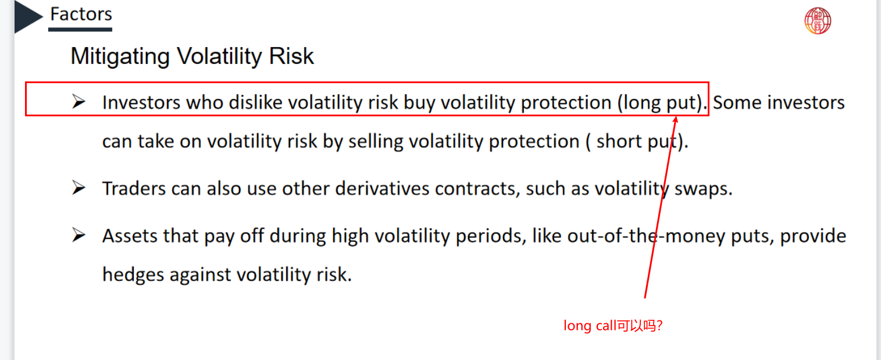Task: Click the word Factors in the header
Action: coord(81,14)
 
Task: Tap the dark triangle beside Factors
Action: coord(27,16)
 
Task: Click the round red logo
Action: coord(818,21)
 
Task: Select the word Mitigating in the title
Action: coord(120,56)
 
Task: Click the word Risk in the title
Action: coord(291,56)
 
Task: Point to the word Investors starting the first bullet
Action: coord(141,103)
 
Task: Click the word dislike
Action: coord(255,102)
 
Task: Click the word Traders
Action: coord(134,188)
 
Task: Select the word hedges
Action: coord(133,275)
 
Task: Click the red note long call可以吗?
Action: coord(613,326)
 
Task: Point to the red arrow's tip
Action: coord(676,116)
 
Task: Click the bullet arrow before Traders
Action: coord(79,188)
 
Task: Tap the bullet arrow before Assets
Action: coord(79,235)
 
